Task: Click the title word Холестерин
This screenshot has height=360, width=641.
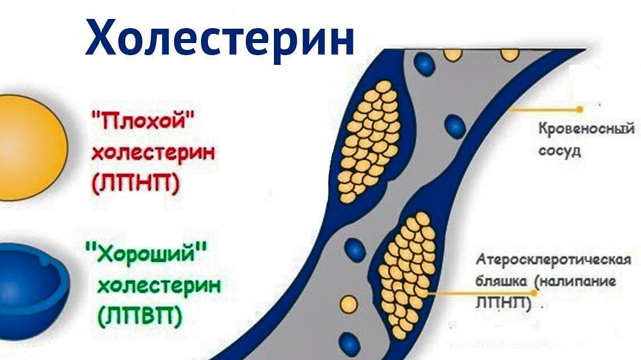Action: point(219,37)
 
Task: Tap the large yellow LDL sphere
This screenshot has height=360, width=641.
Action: point(33,148)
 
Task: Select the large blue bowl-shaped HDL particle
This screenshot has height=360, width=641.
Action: point(33,291)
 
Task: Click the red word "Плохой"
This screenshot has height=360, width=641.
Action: point(143,121)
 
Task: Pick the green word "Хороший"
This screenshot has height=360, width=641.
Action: point(146,253)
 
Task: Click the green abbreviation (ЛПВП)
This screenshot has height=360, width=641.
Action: point(140,316)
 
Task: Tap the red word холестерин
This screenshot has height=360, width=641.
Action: point(153,153)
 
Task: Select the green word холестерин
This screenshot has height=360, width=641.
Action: point(159,285)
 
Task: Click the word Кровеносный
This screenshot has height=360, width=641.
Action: point(586,129)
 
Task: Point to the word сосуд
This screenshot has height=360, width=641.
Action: point(559,151)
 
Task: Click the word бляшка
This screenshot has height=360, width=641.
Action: point(501,281)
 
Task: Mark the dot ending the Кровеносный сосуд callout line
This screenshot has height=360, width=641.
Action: point(580,110)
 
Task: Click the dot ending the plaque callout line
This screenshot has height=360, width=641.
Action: point(534,293)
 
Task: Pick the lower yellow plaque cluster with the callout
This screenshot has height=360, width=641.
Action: point(406,274)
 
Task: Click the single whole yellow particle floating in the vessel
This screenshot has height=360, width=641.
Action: point(349,304)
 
